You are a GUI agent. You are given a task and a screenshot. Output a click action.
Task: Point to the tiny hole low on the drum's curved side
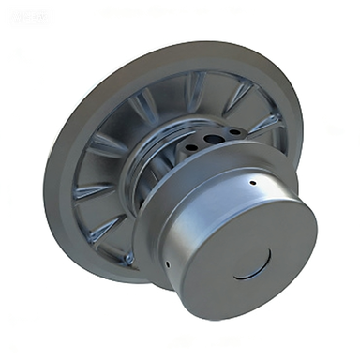[x=167, y=263]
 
